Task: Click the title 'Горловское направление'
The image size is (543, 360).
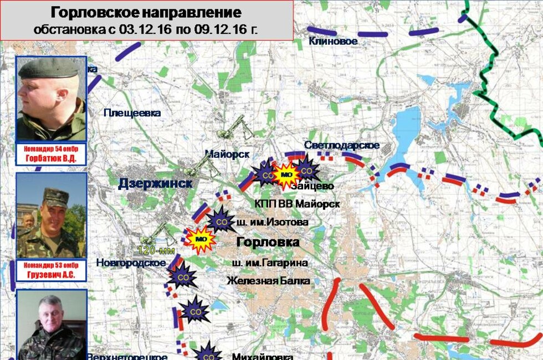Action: pos(146,13)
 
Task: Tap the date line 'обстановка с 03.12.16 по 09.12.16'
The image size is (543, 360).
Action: pos(146,29)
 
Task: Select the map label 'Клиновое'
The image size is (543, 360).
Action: pos(333,41)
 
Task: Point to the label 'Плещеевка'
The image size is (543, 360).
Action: pos(132,113)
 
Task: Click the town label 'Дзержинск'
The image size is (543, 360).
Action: pos(155,184)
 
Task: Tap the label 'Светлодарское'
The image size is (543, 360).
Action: pos(342,145)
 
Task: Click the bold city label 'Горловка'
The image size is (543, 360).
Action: pos(268,242)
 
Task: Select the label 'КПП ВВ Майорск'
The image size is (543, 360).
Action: pos(296,204)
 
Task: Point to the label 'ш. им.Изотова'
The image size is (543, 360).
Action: pos(272,223)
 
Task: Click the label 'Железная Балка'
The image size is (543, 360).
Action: pos(268,281)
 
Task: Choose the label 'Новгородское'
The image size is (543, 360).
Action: pos(131,263)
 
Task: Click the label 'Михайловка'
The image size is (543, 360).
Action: pos(262,356)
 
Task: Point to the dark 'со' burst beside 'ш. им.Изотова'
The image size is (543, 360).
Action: pos(221,222)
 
